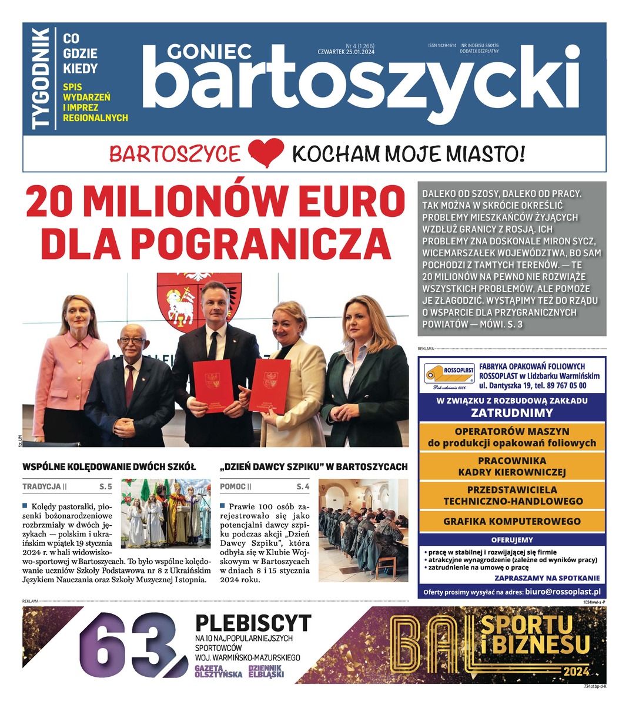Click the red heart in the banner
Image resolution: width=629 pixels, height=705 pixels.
point(266,154)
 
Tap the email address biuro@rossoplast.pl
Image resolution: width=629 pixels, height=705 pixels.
point(563,592)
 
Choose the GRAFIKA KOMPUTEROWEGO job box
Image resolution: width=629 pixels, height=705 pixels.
point(511,521)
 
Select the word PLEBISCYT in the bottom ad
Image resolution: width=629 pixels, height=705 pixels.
point(253,623)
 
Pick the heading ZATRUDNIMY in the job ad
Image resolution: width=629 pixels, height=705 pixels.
point(511,412)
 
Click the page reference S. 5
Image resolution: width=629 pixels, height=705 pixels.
point(106,486)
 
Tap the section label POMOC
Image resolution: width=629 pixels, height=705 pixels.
point(232,486)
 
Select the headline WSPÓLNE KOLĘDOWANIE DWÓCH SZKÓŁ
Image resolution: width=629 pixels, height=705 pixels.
point(109,467)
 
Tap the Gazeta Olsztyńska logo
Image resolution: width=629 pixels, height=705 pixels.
point(218,672)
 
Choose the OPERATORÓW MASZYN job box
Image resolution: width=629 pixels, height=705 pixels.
point(511,437)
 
